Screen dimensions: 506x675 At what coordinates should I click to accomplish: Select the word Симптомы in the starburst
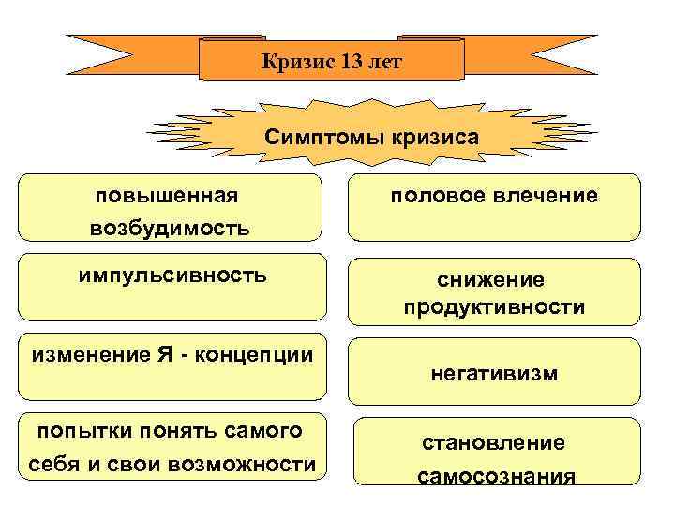(x=318, y=137)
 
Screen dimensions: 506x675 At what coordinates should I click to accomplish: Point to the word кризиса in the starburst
(x=430, y=137)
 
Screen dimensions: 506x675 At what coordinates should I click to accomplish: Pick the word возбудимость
(x=170, y=228)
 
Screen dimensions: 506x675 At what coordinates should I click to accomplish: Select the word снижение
(x=494, y=279)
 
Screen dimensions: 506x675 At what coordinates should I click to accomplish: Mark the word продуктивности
(x=494, y=307)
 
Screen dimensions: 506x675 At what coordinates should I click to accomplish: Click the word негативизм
(x=494, y=373)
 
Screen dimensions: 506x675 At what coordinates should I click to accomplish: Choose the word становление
(x=494, y=442)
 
